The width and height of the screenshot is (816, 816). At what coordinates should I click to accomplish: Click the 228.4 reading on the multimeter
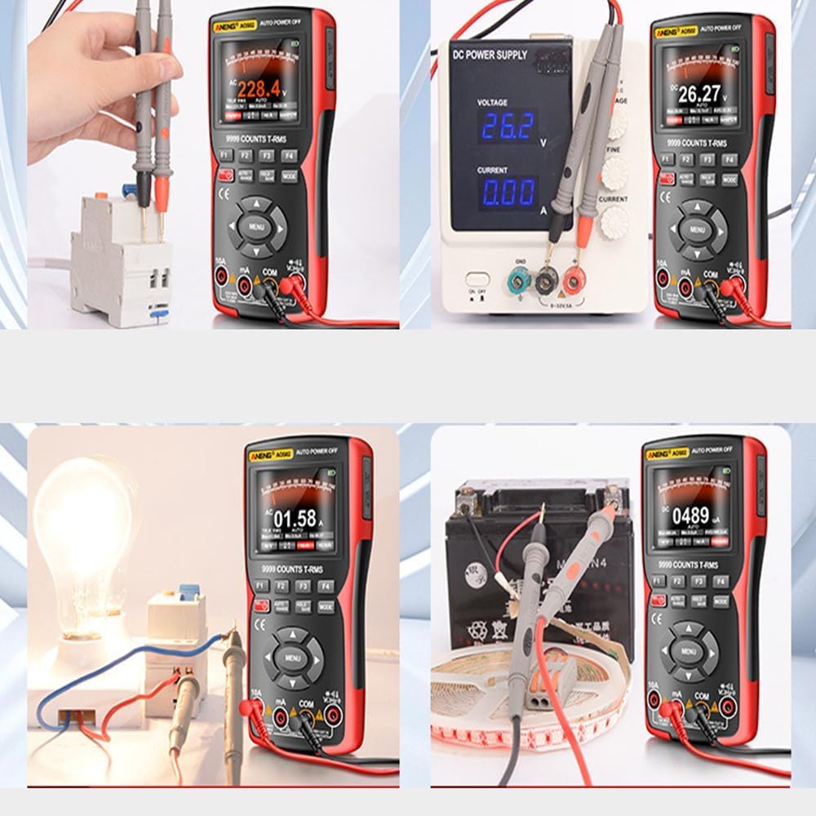[x=259, y=88]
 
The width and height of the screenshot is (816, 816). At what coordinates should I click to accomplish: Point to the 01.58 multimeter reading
[x=295, y=518]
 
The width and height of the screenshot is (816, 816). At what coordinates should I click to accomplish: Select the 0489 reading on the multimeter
[x=690, y=516]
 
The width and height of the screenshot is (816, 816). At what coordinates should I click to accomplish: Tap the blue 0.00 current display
[x=508, y=193]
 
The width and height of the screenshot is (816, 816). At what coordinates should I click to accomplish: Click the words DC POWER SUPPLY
[x=490, y=55]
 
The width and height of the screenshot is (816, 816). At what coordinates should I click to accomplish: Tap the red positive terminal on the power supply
[x=572, y=282]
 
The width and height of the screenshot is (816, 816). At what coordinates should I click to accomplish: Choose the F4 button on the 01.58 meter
[x=326, y=586]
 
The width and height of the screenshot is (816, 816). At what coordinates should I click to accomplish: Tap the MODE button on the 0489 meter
[x=721, y=601]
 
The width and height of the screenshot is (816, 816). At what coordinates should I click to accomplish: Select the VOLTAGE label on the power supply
[x=492, y=103]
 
